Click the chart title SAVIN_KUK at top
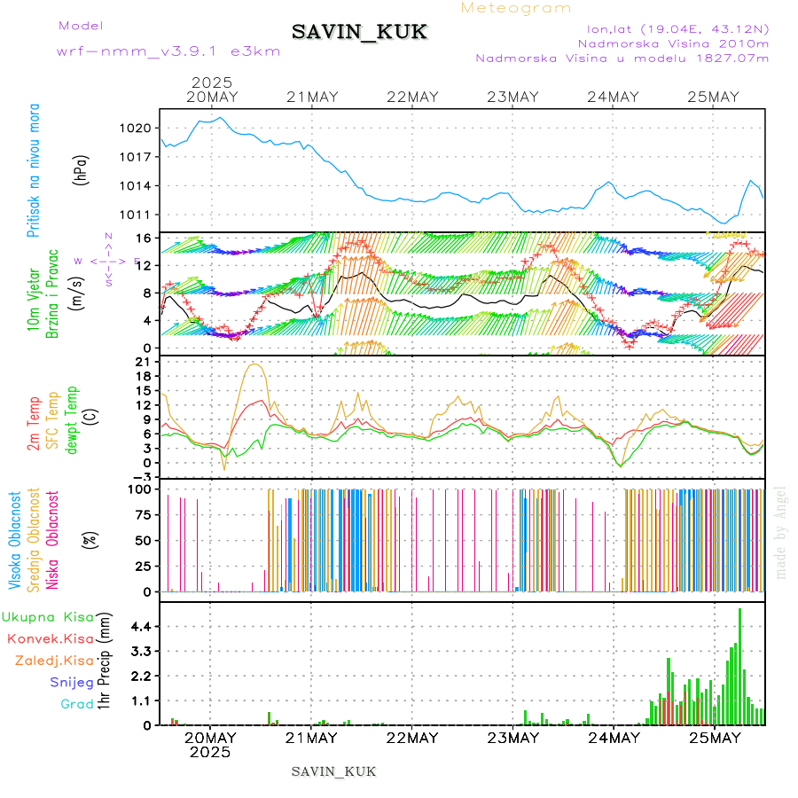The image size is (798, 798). tap(359, 33)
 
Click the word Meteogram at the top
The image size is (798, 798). tap(516, 8)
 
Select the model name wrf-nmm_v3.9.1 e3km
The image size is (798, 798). tap(168, 51)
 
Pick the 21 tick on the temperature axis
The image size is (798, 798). tap(142, 363)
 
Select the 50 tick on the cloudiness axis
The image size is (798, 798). tap(142, 540)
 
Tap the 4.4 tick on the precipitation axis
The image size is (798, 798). tap(140, 626)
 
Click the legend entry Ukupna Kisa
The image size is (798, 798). tap(48, 616)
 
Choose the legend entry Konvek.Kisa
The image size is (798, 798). tap(50, 638)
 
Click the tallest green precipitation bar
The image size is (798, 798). tap(739, 665)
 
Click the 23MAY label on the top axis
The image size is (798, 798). tap(513, 98)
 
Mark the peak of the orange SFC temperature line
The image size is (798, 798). tap(255, 364)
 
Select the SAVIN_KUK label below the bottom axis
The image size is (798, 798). tap(333, 771)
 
